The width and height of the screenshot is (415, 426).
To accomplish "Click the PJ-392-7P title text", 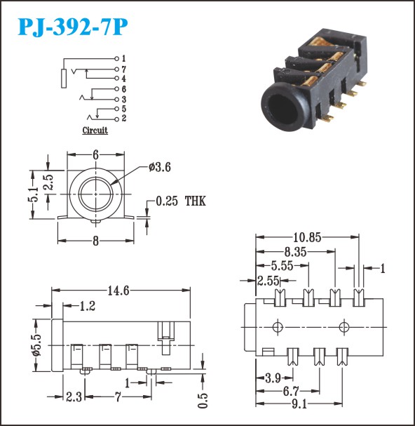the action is (x=73, y=27).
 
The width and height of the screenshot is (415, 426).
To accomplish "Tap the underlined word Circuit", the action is (x=95, y=131).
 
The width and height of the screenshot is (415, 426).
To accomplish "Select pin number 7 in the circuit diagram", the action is (x=124, y=69).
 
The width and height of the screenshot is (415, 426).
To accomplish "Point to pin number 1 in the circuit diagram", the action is (x=124, y=58).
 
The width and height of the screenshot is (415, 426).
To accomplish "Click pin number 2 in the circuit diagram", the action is (x=124, y=119).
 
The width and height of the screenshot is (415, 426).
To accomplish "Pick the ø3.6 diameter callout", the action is (x=160, y=167).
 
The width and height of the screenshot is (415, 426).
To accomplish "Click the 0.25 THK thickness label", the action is (x=181, y=201).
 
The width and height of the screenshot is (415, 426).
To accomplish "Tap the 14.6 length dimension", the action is (x=118, y=291).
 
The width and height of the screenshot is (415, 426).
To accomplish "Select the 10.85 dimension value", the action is (x=307, y=238).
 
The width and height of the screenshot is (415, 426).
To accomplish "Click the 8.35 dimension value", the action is (x=295, y=252).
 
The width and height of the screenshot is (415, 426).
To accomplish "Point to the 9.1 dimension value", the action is (x=299, y=404).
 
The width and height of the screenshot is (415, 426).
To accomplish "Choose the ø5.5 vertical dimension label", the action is (x=36, y=345).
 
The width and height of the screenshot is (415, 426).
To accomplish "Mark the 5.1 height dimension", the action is (x=34, y=194).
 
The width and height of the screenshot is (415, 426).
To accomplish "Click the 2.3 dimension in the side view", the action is (x=74, y=397).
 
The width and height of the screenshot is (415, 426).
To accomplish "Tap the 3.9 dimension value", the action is (x=273, y=378).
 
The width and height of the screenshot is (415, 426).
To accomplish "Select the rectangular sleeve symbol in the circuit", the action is (x=64, y=79).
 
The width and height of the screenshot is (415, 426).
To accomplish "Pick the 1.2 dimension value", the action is (x=88, y=306).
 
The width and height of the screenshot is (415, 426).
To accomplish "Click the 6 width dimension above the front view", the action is (x=95, y=155).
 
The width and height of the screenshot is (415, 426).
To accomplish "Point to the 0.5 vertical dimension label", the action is (x=203, y=401).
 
